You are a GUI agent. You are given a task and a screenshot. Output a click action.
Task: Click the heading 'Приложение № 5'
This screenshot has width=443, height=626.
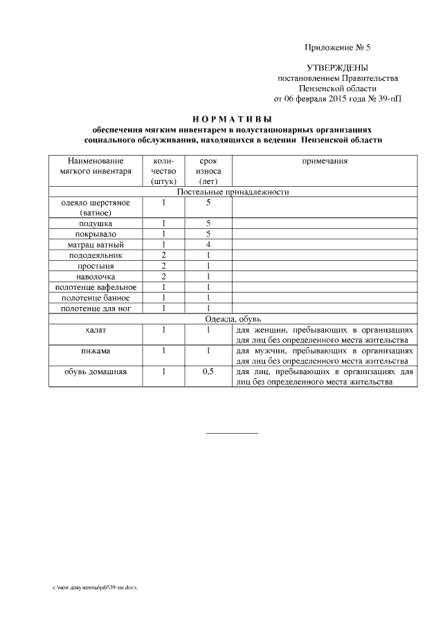337,48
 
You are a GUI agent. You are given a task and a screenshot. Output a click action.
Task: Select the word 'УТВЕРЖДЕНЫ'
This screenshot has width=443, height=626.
337,68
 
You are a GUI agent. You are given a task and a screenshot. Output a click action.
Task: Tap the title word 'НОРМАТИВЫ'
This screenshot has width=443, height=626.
233,119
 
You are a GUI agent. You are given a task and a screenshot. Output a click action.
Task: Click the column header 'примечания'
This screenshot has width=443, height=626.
324,160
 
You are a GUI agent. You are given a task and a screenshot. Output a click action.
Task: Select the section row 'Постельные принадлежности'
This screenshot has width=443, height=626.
233,192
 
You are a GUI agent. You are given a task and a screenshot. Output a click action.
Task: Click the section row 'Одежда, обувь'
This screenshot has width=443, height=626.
233,319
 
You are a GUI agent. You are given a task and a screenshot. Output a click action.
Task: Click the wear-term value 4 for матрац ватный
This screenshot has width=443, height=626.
208,245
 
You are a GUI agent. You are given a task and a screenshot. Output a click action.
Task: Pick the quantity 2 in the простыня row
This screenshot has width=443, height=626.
163,266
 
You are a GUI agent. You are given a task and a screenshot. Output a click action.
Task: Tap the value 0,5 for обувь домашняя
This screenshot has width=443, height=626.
208,371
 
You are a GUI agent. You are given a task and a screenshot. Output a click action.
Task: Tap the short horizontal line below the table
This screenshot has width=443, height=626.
232,434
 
